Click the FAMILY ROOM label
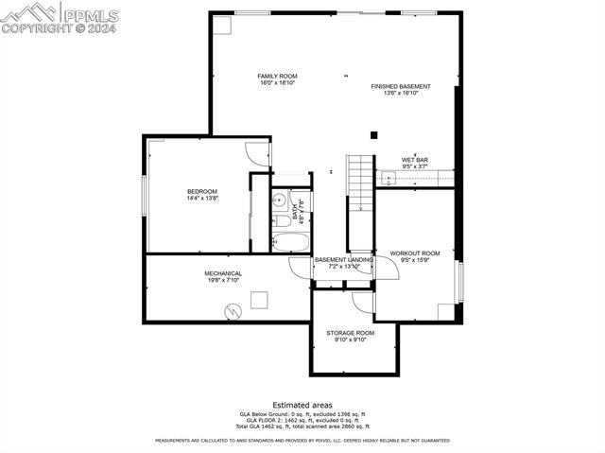tap(277, 76)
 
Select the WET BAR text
tap(415, 160)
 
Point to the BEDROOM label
tap(201, 192)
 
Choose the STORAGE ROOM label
tap(351, 333)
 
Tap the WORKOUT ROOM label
tap(415, 253)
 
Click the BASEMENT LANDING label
tap(343, 260)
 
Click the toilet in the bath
tap(282, 222)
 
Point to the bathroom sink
tap(280, 201)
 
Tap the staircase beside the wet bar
tap(361, 183)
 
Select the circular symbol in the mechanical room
tap(232, 310)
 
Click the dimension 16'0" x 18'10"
tap(277, 83)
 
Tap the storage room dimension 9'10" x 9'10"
tap(350, 340)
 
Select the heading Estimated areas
tap(302, 404)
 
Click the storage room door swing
tap(363, 302)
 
